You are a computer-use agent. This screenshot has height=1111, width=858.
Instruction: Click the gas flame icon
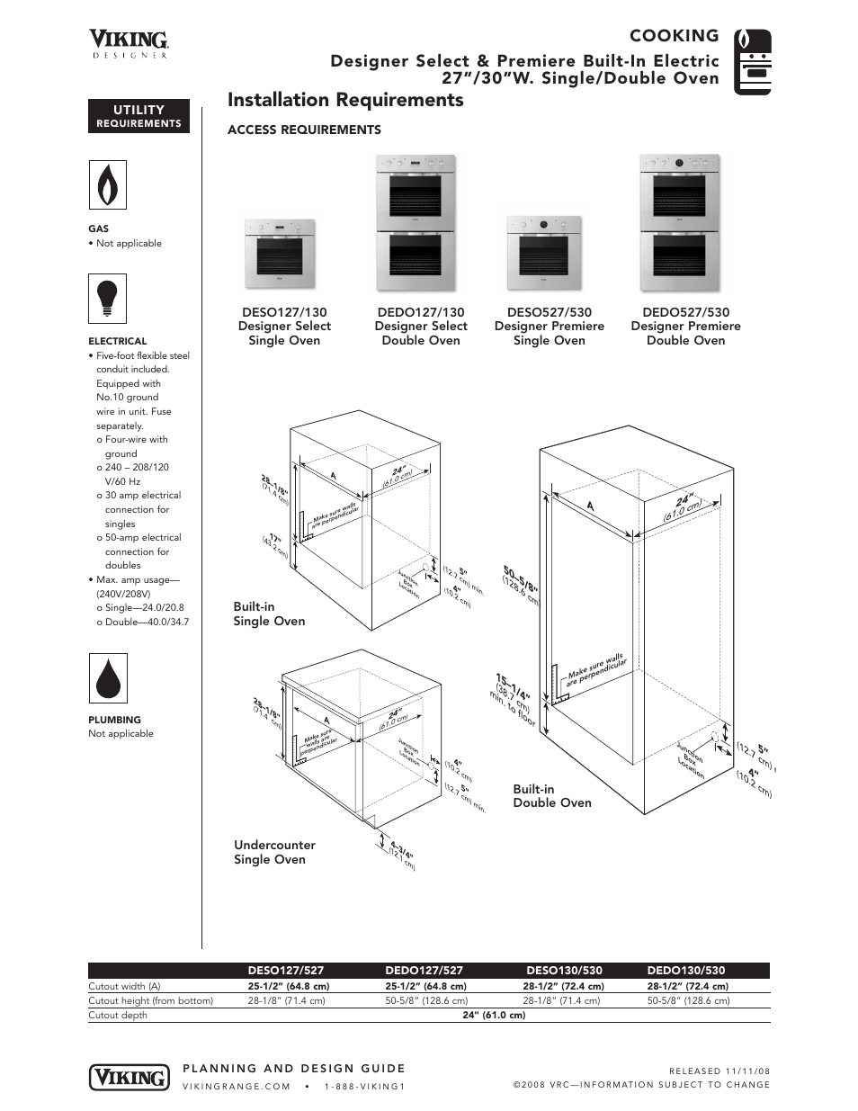click(x=107, y=185)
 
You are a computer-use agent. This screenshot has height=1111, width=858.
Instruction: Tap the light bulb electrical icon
click(x=107, y=299)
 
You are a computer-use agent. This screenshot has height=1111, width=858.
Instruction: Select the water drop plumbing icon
click(x=107, y=678)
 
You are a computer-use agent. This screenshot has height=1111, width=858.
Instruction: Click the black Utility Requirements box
click(x=139, y=116)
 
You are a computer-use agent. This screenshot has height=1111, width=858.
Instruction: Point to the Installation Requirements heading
click(x=345, y=100)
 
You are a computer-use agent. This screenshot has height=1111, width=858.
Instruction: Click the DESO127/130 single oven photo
click(x=279, y=251)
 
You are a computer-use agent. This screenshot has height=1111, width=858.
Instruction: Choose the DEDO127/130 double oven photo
click(x=421, y=223)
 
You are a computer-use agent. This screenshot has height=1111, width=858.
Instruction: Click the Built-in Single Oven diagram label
click(x=269, y=614)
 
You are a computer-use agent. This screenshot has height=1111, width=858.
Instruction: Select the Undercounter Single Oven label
click(x=274, y=852)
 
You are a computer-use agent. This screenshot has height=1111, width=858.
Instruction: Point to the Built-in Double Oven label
click(x=551, y=796)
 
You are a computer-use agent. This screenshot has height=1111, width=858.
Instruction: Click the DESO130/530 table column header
click(x=564, y=971)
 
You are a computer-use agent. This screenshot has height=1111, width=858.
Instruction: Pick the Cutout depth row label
click(x=118, y=1015)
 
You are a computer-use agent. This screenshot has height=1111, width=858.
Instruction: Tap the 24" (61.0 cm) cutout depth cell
click(x=494, y=1015)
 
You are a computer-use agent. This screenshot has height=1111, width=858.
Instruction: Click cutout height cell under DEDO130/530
click(x=688, y=1000)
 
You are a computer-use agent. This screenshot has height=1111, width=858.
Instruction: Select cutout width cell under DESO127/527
click(x=289, y=986)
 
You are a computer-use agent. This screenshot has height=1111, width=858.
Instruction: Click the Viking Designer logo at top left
click(x=129, y=43)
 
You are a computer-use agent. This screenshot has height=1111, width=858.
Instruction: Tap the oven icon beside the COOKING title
click(x=753, y=61)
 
